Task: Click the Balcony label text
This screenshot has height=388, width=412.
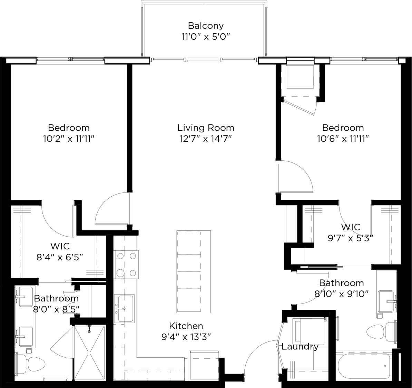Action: point(206,26)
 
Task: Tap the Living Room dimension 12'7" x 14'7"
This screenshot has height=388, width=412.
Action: point(206,139)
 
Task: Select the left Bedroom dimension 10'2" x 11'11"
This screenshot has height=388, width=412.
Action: point(69,139)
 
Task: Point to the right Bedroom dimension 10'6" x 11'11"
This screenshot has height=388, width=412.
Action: point(343,139)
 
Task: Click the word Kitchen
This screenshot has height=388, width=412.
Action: point(186,326)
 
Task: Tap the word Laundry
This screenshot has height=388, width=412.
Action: point(300,347)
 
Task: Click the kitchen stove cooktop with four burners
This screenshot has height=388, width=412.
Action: point(126,265)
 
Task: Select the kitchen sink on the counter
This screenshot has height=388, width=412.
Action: point(124,308)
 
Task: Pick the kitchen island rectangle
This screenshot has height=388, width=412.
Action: point(189,272)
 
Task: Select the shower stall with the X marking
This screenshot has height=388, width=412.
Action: point(90,352)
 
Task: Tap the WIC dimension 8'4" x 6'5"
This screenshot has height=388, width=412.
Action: point(60,257)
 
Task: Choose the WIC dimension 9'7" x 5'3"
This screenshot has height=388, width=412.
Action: point(351,238)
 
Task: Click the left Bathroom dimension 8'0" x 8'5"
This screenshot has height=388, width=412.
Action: point(56,309)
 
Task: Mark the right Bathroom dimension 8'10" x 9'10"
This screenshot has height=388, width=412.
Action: point(342,294)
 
